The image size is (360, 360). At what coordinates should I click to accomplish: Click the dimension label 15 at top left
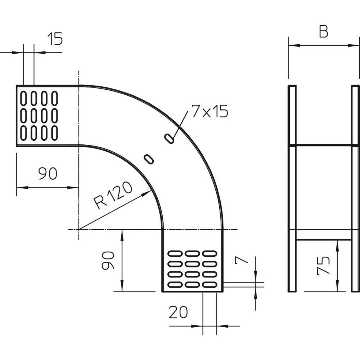55,39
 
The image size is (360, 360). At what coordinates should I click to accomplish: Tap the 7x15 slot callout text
210,111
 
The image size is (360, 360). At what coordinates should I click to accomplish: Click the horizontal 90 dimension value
48,174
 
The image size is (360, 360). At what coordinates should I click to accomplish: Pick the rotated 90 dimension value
108,260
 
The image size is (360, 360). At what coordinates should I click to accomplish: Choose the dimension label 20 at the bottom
178,312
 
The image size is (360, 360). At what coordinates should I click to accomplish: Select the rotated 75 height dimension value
323,265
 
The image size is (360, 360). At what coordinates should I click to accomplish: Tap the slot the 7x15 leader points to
169,138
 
